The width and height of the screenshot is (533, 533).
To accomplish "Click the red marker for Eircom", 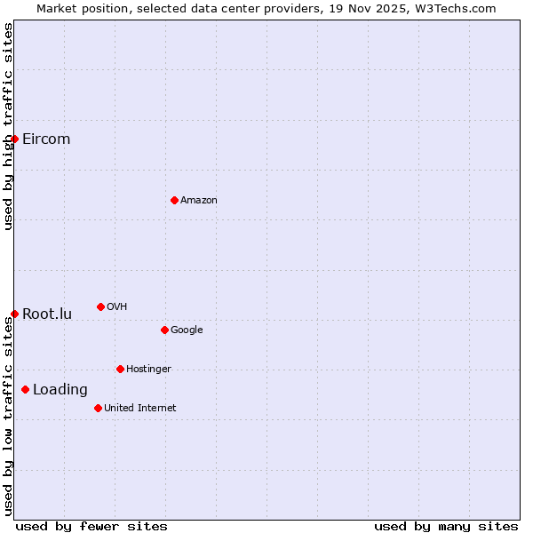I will tap(14, 139).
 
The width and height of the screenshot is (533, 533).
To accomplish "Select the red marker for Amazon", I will tap(174, 200).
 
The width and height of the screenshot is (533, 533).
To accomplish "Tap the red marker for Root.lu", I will tap(14, 314).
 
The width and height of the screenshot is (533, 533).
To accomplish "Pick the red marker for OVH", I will tap(100, 306).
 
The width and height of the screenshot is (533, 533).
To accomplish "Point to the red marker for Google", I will tap(164, 330).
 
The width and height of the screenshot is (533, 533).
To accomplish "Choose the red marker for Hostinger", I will tap(120, 369).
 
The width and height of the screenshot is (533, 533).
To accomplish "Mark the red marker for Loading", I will tap(25, 389).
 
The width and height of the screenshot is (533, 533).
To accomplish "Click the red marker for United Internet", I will tap(98, 408).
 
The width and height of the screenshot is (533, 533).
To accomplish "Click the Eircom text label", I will tap(46, 139).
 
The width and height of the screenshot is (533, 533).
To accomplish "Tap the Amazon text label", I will tap(199, 201).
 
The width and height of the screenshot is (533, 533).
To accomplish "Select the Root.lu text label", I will tap(47, 314).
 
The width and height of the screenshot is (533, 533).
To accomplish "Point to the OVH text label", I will tap(117, 307).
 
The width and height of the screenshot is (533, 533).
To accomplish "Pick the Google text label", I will tap(187, 330).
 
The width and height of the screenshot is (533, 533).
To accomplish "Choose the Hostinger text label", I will tap(148, 370).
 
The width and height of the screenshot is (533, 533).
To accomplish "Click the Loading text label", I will tap(60, 390).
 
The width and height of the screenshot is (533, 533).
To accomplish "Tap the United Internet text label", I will tap(140, 409).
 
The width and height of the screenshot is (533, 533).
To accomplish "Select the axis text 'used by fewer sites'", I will tap(91, 526).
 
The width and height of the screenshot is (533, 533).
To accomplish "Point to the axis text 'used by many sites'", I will tap(446, 526).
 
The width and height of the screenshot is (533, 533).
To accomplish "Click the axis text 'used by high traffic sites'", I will tap(9, 126).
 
